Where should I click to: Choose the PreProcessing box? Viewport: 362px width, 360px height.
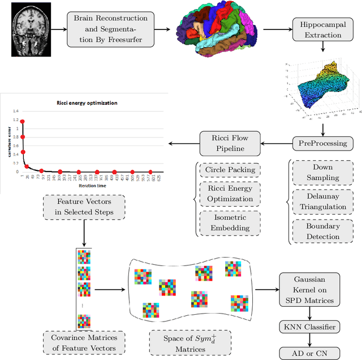322,144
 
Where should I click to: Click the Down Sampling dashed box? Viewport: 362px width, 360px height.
322,172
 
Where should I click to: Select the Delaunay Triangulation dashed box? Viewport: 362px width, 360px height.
322,201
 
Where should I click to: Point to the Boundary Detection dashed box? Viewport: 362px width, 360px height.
322,230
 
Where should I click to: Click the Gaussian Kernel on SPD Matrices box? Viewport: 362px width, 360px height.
309,290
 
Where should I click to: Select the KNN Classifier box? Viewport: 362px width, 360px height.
309,327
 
